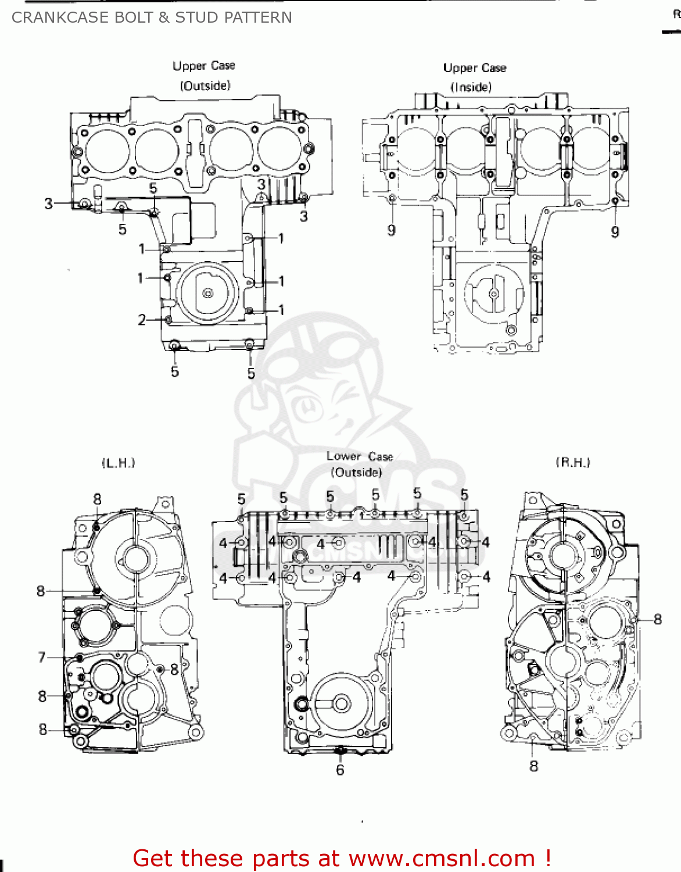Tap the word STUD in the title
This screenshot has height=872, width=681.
pyautogui.click(x=195, y=17)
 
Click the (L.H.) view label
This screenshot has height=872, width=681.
pyautogui.click(x=119, y=463)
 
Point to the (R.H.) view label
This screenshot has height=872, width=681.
pyautogui.click(x=573, y=462)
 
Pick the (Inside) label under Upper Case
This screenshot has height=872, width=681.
pyautogui.click(x=471, y=87)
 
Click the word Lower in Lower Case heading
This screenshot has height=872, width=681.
pyautogui.click(x=343, y=456)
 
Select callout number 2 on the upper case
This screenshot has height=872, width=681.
pyautogui.click(x=142, y=320)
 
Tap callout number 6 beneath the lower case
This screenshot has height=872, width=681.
pyautogui.click(x=340, y=770)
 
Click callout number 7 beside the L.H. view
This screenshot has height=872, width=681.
pyautogui.click(x=42, y=657)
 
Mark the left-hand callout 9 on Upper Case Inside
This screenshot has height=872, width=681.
pyautogui.click(x=392, y=231)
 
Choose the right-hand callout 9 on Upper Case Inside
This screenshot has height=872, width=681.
pyautogui.click(x=615, y=233)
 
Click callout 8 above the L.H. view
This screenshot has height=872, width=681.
pyautogui.click(x=97, y=499)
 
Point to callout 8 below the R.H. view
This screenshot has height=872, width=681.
pyautogui.click(x=534, y=766)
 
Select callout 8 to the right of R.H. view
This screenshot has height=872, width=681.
pyautogui.click(x=657, y=620)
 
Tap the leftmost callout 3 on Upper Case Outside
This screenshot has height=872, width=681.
pyautogui.click(x=49, y=203)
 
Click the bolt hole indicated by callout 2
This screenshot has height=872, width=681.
pyautogui.click(x=169, y=319)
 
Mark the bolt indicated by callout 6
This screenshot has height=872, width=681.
pyautogui.click(x=340, y=753)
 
